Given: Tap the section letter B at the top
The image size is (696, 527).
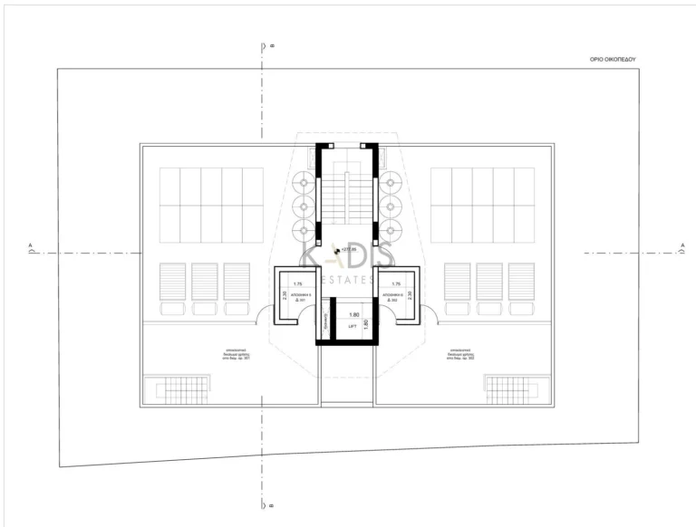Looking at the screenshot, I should click(271, 45).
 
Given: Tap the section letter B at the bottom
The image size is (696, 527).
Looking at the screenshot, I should click(271, 507).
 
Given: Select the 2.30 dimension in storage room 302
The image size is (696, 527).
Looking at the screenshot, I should click(411, 294).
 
